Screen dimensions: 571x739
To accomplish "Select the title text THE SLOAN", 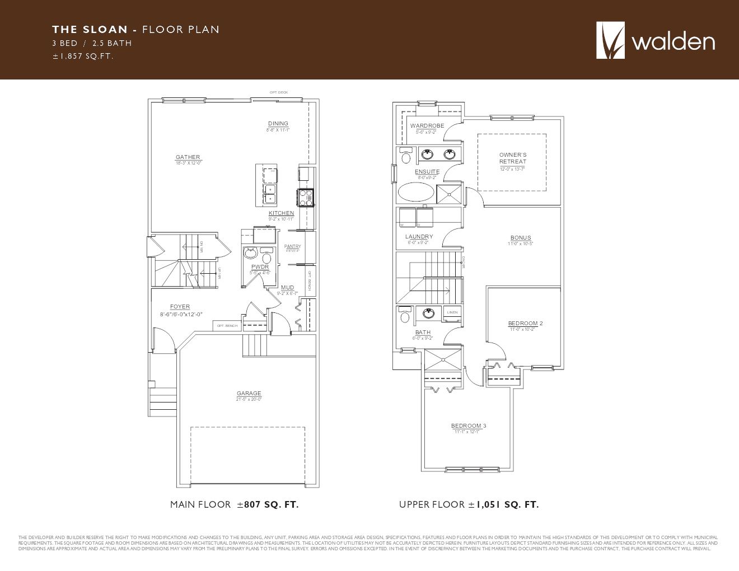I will tap(90, 30).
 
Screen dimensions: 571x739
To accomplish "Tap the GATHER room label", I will tap(188, 157).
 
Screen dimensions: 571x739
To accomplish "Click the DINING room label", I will tap(278, 124).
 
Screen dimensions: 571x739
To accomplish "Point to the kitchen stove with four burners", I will tap(306, 197).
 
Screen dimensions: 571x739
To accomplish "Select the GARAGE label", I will tap(249, 394).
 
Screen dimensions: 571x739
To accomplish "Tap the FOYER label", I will tap(180, 307).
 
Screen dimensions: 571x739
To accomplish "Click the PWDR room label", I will tap(260, 267).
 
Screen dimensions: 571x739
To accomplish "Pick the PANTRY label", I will tap(292, 246).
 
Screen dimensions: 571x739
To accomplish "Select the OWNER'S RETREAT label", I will tap(513, 158).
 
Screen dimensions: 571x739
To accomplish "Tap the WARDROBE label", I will tap(427, 126).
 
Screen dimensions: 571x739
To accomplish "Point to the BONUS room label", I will tap(521, 238).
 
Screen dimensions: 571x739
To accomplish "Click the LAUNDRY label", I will tap(419, 237).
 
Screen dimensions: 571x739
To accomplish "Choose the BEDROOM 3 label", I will tap(469, 426).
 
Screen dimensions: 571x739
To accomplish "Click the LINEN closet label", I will tap(452, 312).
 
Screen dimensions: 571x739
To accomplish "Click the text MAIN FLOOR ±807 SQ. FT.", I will tap(234, 505).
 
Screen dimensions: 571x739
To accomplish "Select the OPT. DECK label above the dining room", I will tap(278, 92).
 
